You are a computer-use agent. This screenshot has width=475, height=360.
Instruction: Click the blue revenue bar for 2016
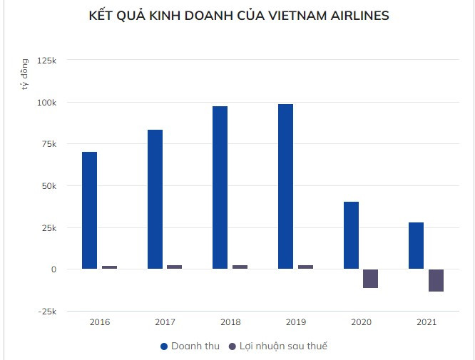tap(89, 210)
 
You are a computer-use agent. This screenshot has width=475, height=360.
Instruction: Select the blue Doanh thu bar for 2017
tap(155, 200)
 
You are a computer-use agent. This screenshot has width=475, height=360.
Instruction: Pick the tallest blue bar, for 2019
tap(285, 187)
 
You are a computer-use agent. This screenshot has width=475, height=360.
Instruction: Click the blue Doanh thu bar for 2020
tap(351, 235)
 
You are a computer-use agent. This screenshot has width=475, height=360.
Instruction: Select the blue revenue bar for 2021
tap(416, 246)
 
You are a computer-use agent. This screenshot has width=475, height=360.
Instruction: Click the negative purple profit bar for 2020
tap(370, 279)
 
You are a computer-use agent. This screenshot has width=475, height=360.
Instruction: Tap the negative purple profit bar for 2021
tap(436, 280)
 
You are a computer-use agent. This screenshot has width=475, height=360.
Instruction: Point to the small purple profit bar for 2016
tap(109, 267)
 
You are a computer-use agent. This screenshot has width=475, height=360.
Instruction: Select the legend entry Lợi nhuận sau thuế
tap(278, 346)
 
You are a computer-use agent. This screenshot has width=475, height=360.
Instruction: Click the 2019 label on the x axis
tap(296, 322)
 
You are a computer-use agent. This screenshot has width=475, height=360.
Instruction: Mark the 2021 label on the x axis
tap(427, 322)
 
